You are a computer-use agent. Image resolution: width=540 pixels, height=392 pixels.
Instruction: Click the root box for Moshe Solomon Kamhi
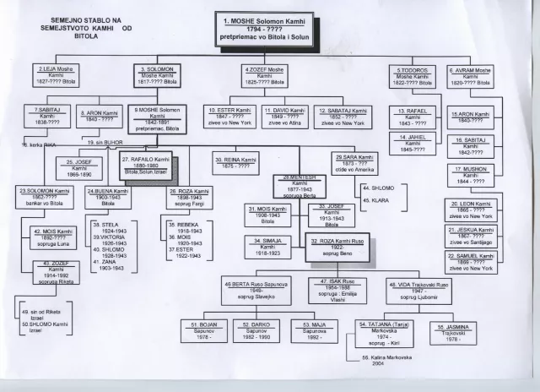264,29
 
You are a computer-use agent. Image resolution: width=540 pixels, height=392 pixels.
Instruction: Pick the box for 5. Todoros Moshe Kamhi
413,77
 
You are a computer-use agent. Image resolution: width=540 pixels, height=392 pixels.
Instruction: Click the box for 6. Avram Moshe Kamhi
471,77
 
